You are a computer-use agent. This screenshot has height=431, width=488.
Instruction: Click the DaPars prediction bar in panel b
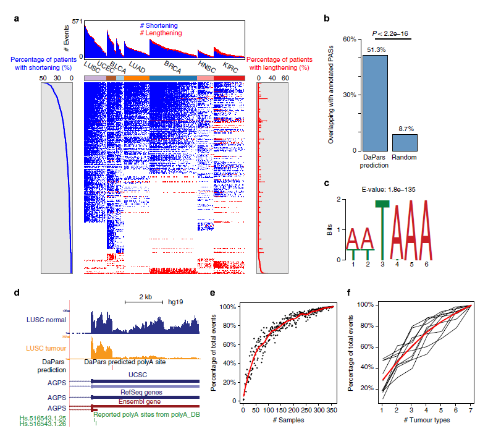pos(375,103)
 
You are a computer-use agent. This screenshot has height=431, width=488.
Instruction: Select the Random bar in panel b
pos(405,142)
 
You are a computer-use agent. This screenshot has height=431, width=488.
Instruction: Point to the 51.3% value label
pos(375,49)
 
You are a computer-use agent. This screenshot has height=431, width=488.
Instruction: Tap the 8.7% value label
pos(405,129)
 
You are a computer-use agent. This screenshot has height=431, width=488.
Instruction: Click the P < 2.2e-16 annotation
pos(390,33)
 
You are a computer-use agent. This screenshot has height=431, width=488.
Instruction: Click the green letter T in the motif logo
pos(382,229)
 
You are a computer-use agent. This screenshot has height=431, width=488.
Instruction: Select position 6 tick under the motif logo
pos(427,264)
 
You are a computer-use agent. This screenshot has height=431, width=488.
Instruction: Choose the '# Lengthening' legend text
pos(161,33)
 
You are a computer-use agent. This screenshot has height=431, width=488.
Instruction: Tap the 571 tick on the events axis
pos(77,21)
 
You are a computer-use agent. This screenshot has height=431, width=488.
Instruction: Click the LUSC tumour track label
pos(46,348)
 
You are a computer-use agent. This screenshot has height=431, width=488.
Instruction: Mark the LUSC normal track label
pos(47,319)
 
